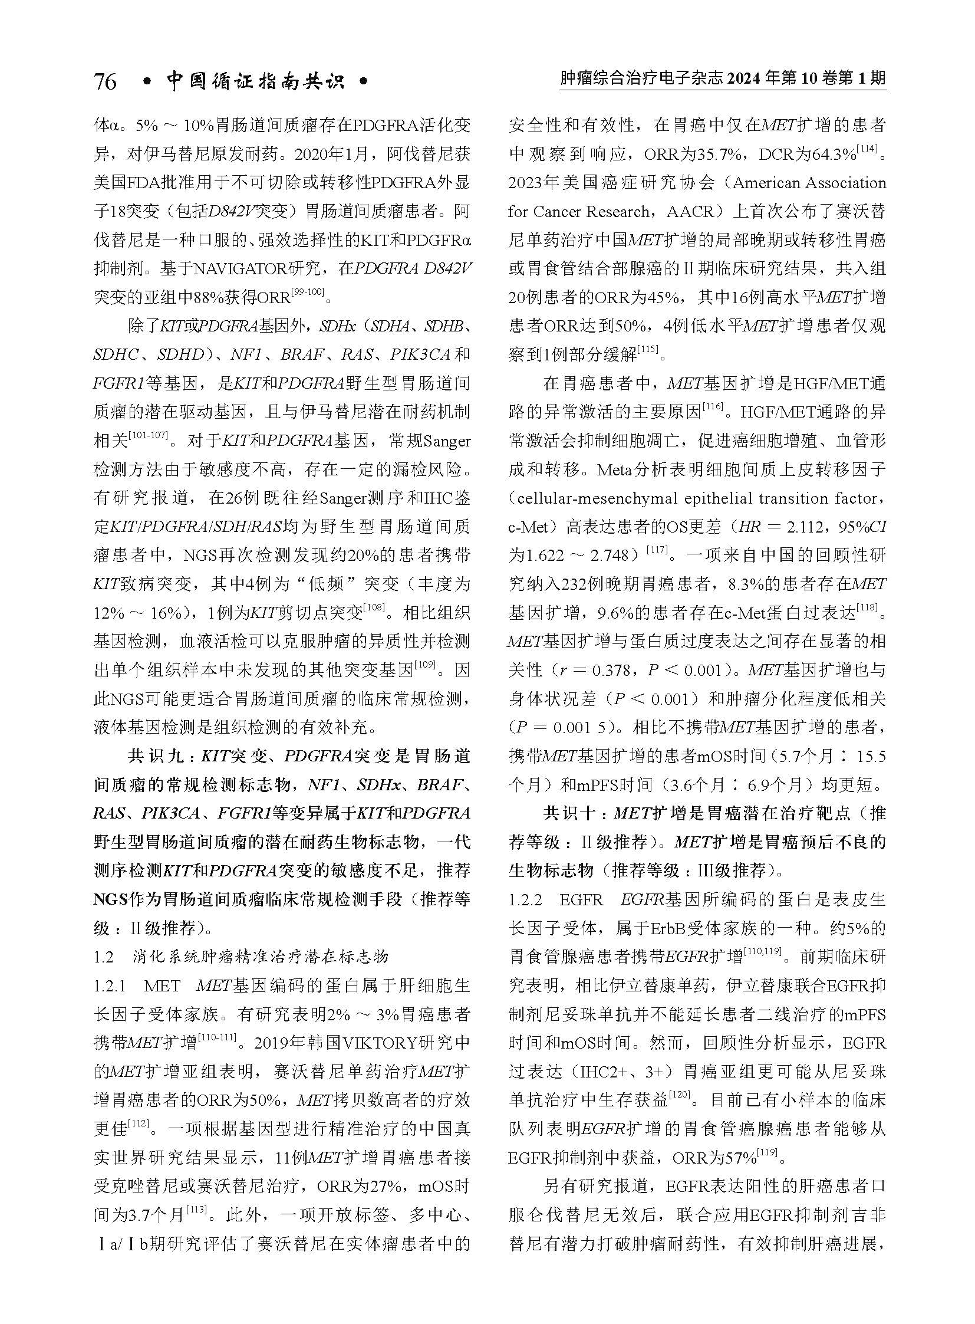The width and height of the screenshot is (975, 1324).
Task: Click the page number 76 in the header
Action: click(105, 81)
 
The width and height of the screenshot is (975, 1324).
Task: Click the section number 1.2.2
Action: click(525, 900)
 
